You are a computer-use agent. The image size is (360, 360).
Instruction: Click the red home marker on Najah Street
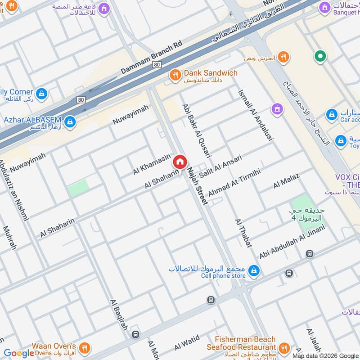[180, 162]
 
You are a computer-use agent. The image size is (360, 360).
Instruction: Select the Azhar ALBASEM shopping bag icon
[70, 121]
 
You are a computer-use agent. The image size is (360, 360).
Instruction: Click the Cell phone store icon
[254, 270]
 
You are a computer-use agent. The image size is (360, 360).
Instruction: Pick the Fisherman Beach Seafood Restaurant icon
[283, 347]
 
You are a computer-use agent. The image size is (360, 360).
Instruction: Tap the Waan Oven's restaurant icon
[84, 348]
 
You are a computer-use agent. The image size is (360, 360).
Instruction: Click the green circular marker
[320, 56]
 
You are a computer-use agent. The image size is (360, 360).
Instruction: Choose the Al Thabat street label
[243, 233]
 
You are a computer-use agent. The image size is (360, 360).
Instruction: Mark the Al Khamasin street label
[152, 164]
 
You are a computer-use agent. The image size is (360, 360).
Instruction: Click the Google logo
[19, 353]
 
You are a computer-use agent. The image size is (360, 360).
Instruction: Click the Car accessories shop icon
[332, 115]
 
